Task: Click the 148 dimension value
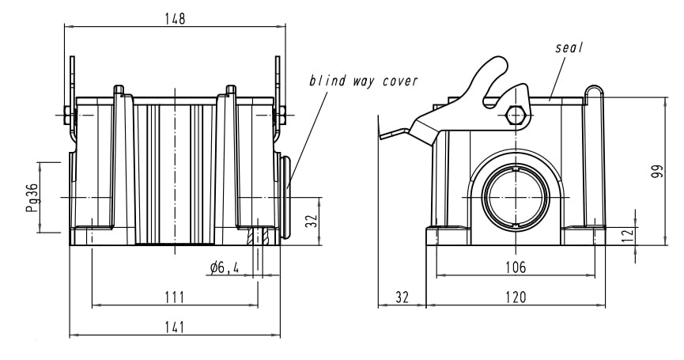point(175,19)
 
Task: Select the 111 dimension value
point(175,297)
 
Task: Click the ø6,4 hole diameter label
point(225,268)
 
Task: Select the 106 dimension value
point(516,267)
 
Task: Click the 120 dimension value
point(516,297)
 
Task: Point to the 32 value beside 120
point(402,297)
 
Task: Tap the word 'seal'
point(569,48)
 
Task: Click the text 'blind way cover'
point(363,81)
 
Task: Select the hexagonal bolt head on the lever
point(516,115)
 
